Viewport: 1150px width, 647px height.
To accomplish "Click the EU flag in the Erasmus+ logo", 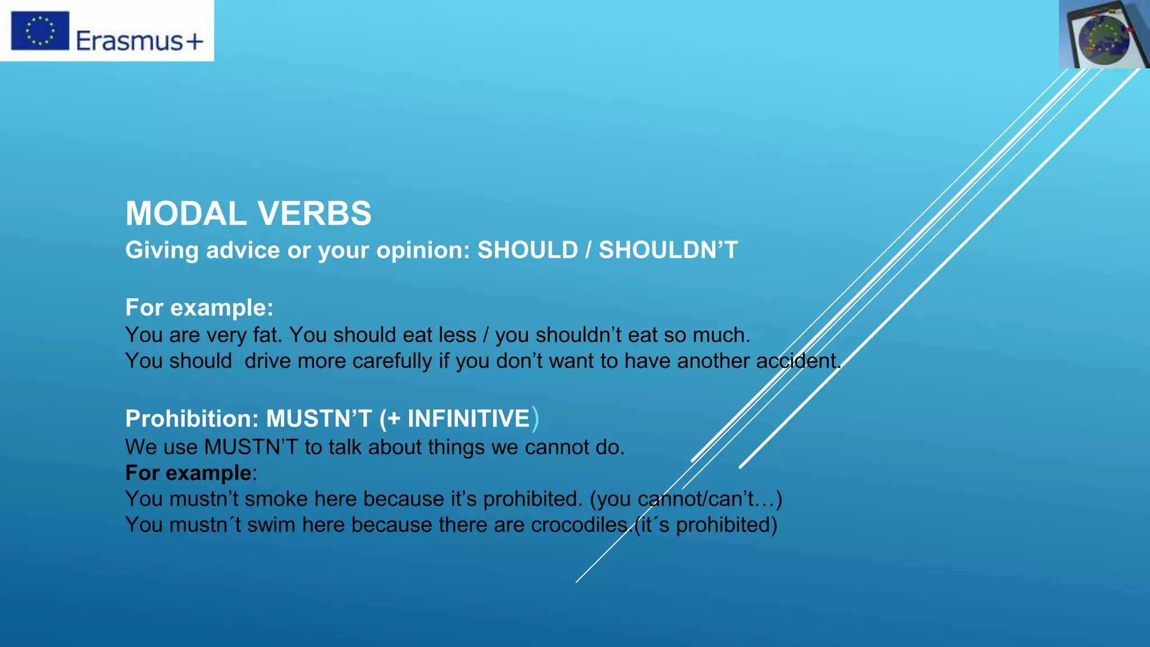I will (40, 30).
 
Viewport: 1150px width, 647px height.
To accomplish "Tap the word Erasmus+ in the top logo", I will (139, 41).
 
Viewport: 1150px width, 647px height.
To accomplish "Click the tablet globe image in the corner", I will (1104, 34).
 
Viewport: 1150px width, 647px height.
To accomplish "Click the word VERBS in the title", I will (314, 214).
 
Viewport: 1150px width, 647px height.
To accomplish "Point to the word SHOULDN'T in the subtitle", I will (668, 250).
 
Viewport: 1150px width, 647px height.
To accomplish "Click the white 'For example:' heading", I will (199, 308).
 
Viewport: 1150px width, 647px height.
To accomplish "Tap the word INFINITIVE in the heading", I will (468, 419).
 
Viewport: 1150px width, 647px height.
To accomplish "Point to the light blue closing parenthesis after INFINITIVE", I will (535, 419).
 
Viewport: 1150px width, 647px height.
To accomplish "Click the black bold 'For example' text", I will (188, 473).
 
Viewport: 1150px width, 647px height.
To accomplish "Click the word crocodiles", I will (579, 525).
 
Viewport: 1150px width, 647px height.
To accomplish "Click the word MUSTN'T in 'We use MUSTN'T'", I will (251, 447).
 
